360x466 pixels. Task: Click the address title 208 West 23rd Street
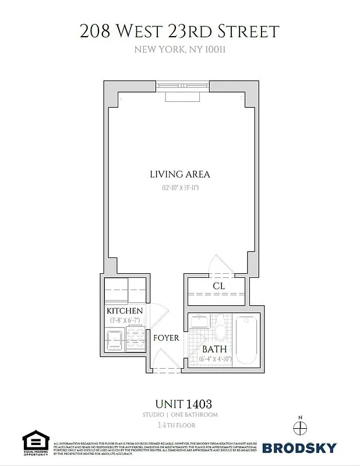click(x=179, y=31)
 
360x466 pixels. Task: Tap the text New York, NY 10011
click(x=179, y=50)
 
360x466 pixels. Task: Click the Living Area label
click(x=179, y=174)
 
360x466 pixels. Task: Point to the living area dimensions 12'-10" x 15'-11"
click(x=180, y=188)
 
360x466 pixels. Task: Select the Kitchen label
click(x=124, y=311)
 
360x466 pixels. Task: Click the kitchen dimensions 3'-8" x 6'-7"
click(x=124, y=320)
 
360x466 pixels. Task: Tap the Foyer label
click(x=166, y=338)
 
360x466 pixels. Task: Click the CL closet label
click(x=219, y=286)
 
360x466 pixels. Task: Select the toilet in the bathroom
click(x=220, y=330)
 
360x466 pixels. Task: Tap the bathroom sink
click(x=198, y=323)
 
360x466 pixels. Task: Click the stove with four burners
click(x=134, y=338)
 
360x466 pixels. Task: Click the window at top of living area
click(x=180, y=86)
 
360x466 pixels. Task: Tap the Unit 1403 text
click(x=179, y=403)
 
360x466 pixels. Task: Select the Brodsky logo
click(x=299, y=448)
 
